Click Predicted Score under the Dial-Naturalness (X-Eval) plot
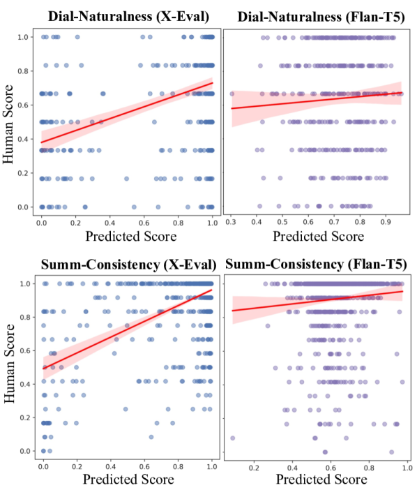[129, 236]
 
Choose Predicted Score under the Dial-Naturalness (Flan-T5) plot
[319, 236]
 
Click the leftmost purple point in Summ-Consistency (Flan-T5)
[232, 438]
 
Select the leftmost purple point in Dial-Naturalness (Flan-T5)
[232, 94]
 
